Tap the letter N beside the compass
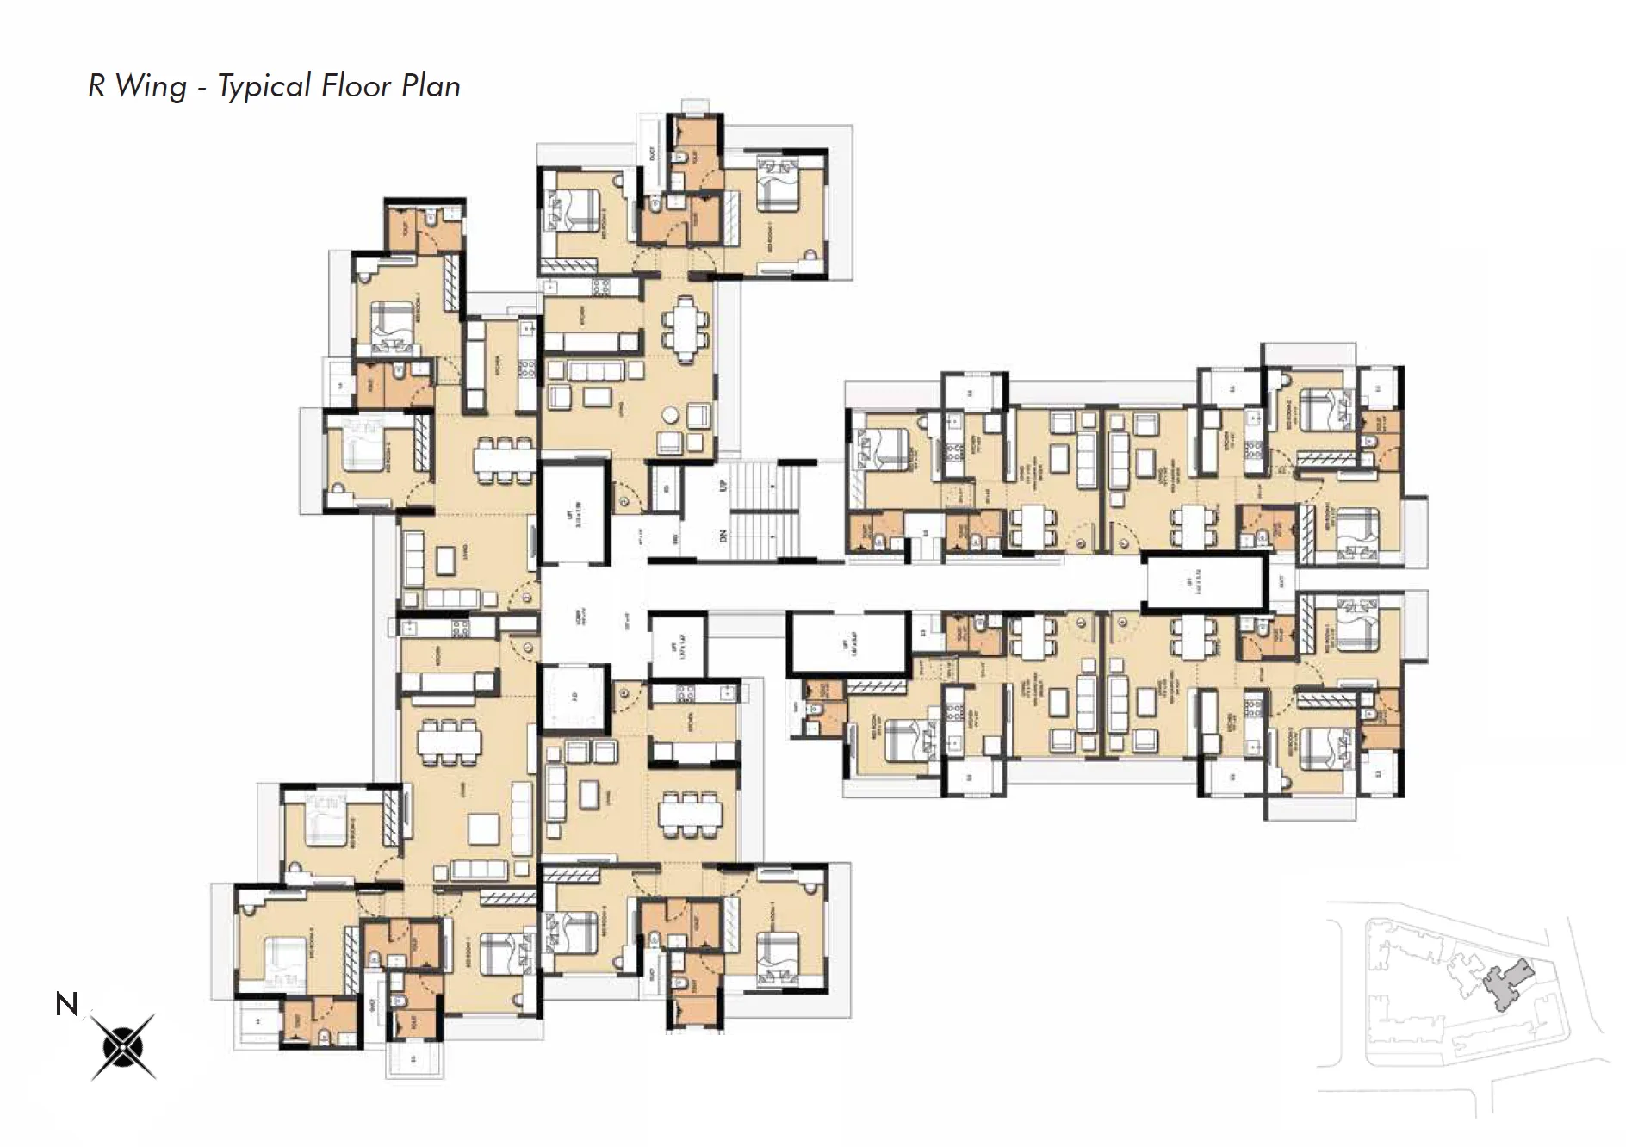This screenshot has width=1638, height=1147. coord(66,1004)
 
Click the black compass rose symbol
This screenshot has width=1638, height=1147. coord(123,1046)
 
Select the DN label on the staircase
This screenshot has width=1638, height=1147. coord(723,535)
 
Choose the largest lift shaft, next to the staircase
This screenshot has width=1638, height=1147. coord(574,513)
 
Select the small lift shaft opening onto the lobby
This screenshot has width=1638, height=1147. coord(678,645)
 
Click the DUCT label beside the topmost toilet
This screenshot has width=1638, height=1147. coord(652,153)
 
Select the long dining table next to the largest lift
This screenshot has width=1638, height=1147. coord(504,456)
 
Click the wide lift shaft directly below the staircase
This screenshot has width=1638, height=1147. coord(850,642)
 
